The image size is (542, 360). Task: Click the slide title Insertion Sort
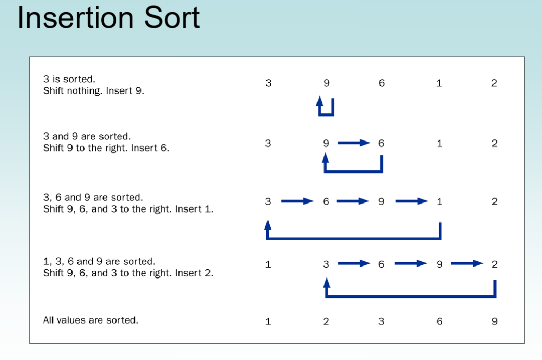coord(108,18)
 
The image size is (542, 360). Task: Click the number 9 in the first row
coord(326,83)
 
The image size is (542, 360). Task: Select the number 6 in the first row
coord(382,83)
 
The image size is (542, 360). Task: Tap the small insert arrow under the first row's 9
coord(326,108)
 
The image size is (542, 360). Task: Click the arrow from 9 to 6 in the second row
coord(353,143)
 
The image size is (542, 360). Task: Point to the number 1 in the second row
coord(439,143)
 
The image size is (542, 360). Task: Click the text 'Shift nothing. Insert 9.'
coord(94,91)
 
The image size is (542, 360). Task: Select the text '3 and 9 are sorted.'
coord(87,136)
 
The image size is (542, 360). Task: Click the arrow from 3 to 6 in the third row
coord(297,202)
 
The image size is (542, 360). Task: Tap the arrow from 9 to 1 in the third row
coord(412,202)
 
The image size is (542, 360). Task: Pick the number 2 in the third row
coord(494,202)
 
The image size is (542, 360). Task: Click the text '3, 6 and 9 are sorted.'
coord(93,198)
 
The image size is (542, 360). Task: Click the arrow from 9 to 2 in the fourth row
coord(467,264)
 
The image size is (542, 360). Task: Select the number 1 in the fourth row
coord(268,264)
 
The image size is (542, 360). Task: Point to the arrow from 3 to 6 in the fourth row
coord(354,264)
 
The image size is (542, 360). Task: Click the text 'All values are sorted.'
coord(91,320)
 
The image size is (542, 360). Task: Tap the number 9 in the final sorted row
coord(494,321)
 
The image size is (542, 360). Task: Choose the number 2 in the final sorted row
coord(326,321)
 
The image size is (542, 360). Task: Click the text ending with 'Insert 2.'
coord(128,273)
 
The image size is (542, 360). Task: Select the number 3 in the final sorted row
coord(381,321)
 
